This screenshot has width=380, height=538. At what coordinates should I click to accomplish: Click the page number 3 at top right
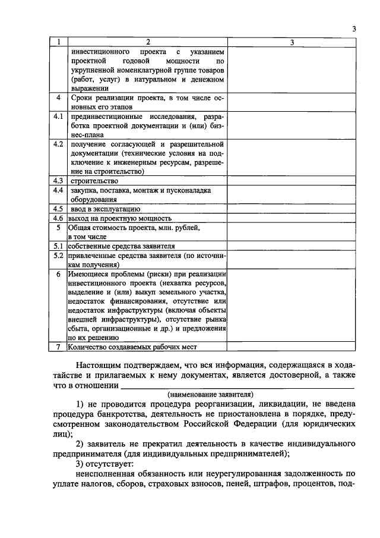(354, 29)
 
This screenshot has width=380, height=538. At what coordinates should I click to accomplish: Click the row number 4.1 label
(58, 117)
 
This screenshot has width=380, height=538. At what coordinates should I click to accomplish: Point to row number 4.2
(58, 144)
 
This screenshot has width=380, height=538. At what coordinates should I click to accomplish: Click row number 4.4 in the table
(58, 190)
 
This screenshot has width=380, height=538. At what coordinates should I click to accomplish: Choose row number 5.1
(58, 246)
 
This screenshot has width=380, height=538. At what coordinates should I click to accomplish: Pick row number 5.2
(58, 255)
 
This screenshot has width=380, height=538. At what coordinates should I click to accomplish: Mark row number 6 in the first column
(58, 274)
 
